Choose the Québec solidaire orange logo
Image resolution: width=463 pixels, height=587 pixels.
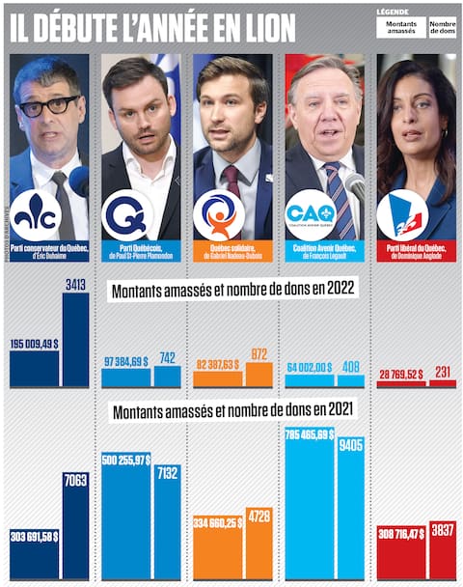(219, 213)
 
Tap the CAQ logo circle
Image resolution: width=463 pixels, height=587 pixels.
(311, 213)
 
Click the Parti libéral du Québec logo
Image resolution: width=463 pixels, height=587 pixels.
(402, 213)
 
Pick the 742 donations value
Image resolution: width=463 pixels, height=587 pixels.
(167, 358)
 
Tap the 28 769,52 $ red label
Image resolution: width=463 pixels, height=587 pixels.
(400, 374)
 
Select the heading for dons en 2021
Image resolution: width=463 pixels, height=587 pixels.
(231, 410)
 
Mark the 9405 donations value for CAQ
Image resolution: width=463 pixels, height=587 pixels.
(351, 445)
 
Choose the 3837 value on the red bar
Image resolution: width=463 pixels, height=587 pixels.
(442, 531)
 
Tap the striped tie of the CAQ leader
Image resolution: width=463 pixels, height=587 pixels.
(337, 198)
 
